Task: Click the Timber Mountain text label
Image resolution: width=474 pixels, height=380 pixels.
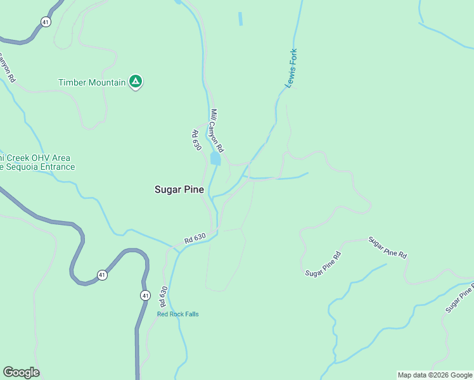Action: [92, 82]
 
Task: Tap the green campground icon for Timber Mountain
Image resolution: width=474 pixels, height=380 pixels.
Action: [135, 81]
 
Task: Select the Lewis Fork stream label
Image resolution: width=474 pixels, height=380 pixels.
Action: [291, 68]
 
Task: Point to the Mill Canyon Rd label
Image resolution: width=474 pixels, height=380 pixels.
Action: [218, 129]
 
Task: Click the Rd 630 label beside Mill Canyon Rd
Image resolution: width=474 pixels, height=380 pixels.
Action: [196, 141]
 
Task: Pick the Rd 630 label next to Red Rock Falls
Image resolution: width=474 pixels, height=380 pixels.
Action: [163, 297]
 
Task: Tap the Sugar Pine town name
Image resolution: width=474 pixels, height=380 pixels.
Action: [179, 189]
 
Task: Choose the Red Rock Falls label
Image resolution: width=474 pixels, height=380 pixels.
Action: [178, 314]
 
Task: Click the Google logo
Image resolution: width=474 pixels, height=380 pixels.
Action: [21, 372]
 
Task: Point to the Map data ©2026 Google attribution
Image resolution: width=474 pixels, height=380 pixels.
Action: [435, 375]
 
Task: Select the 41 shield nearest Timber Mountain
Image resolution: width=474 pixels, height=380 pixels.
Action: [45, 22]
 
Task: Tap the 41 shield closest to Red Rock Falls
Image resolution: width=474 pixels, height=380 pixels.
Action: [145, 295]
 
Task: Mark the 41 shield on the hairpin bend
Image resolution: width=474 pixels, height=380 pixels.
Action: [102, 275]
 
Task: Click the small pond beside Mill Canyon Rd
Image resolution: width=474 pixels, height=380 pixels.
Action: [215, 158]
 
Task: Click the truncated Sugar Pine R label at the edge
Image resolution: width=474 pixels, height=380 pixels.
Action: [460, 298]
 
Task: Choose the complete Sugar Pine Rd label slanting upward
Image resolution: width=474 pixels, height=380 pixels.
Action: [323, 264]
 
